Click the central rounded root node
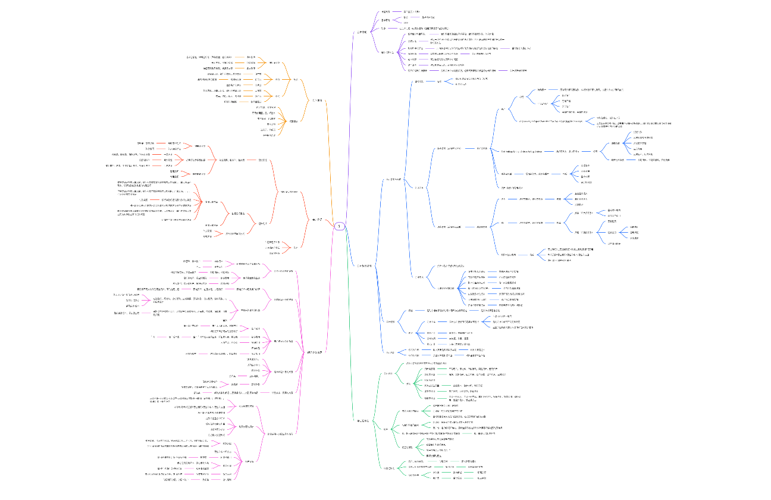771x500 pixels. click(339, 226)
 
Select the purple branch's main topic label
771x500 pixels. click(361, 32)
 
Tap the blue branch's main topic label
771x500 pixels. click(363, 265)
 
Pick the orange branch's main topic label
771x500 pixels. click(318, 101)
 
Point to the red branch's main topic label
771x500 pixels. click(317, 219)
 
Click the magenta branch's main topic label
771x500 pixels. click(315, 352)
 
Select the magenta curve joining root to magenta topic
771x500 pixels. click(329, 286)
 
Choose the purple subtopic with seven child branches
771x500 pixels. click(387, 52)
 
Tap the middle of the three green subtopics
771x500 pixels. click(386, 429)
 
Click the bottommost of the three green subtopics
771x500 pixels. click(388, 468)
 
